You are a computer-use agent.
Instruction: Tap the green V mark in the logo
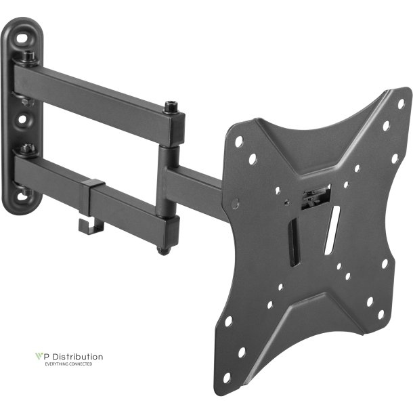[x=39, y=356]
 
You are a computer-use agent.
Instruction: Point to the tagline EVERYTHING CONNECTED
[x=68, y=364]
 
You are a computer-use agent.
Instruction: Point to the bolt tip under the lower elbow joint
[x=163, y=249]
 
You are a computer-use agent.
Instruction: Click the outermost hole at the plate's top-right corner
[x=400, y=104]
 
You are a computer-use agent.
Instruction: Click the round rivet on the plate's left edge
[x=235, y=202]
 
